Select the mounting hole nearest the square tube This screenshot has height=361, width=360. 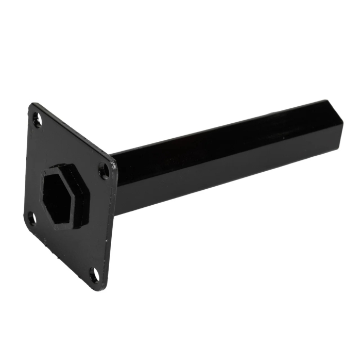click(104, 169)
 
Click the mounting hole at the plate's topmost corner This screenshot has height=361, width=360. click(37, 121)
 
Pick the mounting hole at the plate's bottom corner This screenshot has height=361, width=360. click(95, 275)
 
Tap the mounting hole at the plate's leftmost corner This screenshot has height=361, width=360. click(31, 219)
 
